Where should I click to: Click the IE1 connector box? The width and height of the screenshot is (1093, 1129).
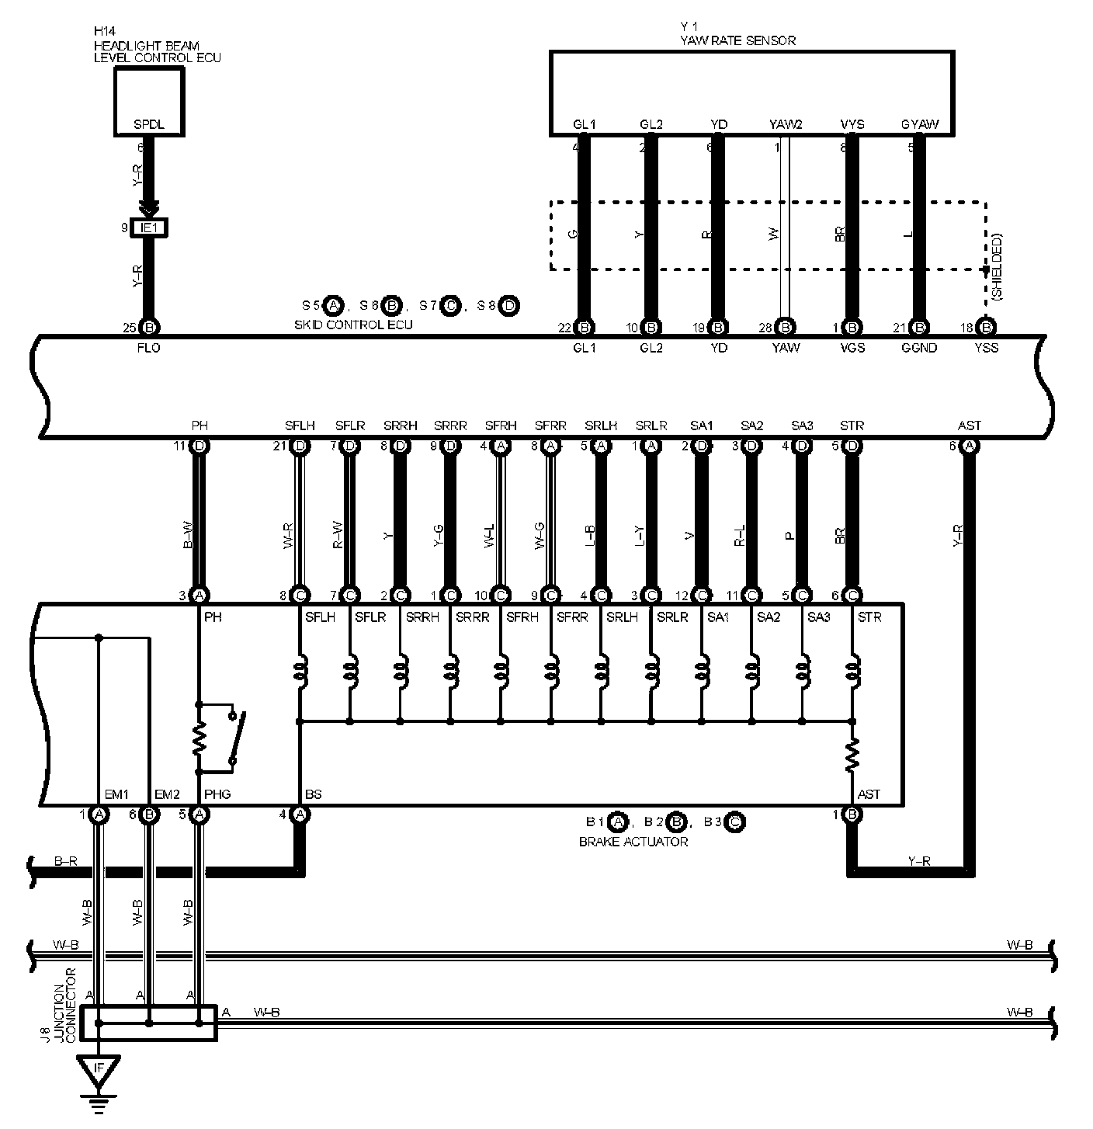click(149, 228)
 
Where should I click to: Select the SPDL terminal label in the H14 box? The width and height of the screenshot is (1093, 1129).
click(148, 125)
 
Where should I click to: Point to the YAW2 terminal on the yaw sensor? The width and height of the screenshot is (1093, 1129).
click(785, 124)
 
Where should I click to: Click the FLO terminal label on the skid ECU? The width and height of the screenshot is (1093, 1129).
click(148, 348)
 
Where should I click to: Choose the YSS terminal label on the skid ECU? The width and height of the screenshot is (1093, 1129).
click(985, 348)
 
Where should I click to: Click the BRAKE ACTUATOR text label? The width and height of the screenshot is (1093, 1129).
click(633, 841)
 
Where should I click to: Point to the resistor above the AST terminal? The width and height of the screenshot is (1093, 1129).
click(852, 754)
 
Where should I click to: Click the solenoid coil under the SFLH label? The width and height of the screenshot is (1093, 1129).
click(300, 672)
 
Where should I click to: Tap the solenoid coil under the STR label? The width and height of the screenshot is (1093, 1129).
click(852, 672)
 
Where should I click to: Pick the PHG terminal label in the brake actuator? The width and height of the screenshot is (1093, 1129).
click(217, 794)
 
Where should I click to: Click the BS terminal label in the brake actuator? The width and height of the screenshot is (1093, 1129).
click(314, 794)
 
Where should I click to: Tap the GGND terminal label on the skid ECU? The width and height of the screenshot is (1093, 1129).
click(920, 348)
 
